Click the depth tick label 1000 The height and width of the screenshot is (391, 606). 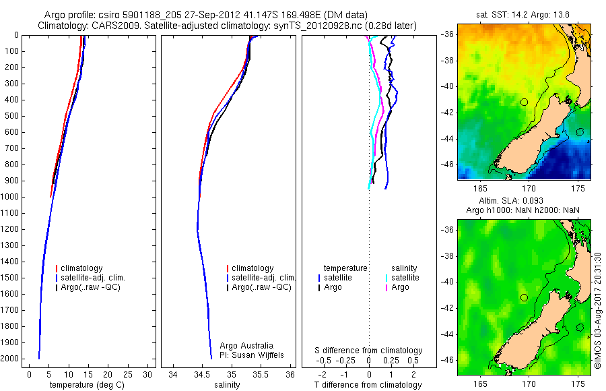pyautogui.click(x=11, y=197)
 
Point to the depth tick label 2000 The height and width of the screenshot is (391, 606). pyautogui.click(x=11, y=359)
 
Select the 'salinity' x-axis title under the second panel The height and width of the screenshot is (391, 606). pyautogui.click(x=226, y=385)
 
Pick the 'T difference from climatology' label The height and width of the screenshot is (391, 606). pyautogui.click(x=369, y=385)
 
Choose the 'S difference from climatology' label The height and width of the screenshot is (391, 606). pyautogui.click(x=369, y=351)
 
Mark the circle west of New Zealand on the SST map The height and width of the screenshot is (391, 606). pyautogui.click(x=524, y=102)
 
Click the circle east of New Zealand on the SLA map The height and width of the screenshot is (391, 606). pyautogui.click(x=580, y=328)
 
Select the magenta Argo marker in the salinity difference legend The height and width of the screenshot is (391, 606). pyautogui.click(x=386, y=288)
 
